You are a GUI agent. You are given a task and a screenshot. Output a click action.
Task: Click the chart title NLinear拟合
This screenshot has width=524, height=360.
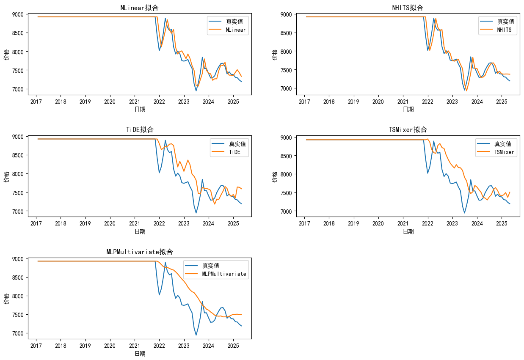(x=140, y=8)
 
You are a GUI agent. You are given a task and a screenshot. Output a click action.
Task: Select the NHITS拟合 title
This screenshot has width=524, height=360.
(x=408, y=8)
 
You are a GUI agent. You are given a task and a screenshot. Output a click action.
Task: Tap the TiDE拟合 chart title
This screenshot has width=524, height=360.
(x=140, y=129)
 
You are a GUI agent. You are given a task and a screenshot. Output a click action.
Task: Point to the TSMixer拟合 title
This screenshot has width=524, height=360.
(x=408, y=129)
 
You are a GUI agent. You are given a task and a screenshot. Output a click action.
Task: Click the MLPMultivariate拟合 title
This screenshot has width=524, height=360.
(x=140, y=252)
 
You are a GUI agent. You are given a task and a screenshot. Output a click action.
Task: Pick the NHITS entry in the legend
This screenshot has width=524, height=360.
(x=504, y=30)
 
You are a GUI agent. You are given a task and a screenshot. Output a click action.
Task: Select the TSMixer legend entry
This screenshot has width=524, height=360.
(x=504, y=152)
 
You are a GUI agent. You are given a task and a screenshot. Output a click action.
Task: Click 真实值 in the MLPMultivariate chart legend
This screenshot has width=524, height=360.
(x=210, y=266)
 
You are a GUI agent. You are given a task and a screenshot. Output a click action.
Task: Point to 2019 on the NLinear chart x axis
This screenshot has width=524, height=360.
(x=85, y=102)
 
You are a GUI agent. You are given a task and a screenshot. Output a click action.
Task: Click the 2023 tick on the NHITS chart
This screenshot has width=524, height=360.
(x=452, y=102)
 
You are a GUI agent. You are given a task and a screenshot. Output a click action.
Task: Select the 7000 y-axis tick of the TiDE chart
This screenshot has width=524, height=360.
(x=19, y=211)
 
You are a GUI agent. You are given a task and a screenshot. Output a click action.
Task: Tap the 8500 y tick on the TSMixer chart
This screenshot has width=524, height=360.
(x=287, y=156)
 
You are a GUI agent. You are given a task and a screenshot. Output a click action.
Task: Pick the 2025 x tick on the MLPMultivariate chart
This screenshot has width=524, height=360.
(x=233, y=346)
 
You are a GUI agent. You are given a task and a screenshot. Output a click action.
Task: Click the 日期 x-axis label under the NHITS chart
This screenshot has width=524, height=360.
(x=408, y=109)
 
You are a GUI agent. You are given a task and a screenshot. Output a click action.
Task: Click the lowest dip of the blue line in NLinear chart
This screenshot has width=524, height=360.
(x=196, y=91)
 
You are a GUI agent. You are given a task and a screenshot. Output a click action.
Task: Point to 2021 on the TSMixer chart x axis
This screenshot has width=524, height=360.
(x=403, y=224)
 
